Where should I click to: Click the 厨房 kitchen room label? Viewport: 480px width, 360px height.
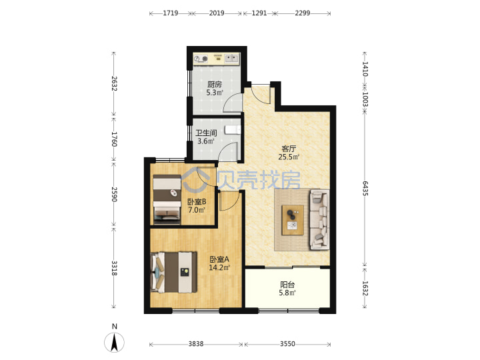214,84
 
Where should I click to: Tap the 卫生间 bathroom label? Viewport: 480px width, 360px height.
206,133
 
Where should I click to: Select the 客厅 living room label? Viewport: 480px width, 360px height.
289,149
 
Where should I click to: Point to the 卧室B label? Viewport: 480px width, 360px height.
197,202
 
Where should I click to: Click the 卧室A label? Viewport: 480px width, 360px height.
219,259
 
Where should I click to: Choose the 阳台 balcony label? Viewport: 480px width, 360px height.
287,285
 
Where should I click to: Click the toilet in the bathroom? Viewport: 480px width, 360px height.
233,130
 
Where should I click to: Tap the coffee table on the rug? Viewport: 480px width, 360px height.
293,220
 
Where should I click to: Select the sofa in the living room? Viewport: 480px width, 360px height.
319,219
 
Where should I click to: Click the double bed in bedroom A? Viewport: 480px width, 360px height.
174,272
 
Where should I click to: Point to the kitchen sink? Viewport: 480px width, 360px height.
232,58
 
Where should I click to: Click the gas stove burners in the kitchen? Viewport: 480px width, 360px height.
201,59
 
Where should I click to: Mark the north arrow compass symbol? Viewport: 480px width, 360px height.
114,341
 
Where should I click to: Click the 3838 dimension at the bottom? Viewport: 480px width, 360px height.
196,344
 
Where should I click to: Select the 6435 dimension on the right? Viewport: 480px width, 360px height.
365,188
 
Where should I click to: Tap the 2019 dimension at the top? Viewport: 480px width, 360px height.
217,13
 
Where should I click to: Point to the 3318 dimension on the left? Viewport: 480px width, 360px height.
114,268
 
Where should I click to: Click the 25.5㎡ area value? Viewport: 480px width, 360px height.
289,157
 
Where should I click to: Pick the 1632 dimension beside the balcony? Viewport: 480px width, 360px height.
365,289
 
